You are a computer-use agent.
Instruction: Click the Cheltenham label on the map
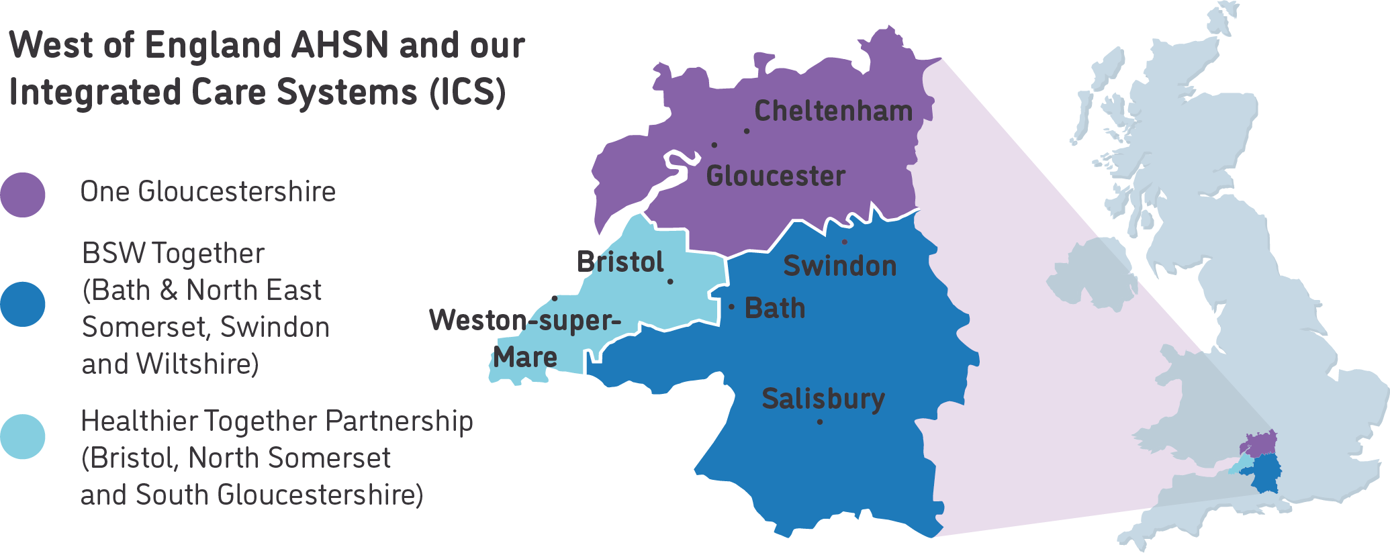(833, 111)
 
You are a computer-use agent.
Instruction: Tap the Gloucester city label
(776, 177)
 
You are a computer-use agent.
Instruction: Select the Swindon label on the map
(839, 266)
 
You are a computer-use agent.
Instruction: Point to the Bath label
(775, 309)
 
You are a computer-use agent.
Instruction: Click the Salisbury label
(823, 399)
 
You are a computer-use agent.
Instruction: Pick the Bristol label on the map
(620, 262)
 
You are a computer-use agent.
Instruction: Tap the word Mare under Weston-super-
(525, 358)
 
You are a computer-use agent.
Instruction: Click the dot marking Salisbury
(820, 422)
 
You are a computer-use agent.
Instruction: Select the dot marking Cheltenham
(747, 131)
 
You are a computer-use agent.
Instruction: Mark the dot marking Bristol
(670, 282)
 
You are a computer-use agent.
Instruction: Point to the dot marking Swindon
(844, 242)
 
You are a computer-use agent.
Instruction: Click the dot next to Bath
(732, 307)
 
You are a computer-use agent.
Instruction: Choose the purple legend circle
(23, 195)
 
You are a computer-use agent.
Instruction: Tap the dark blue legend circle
(23, 305)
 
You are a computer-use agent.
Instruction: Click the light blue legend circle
(23, 437)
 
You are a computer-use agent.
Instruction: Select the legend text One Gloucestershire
(207, 192)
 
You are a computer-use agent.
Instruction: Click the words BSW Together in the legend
(173, 254)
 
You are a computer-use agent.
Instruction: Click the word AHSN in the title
(340, 46)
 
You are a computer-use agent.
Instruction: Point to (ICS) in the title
(467, 92)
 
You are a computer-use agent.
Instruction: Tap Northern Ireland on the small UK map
(1091, 275)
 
